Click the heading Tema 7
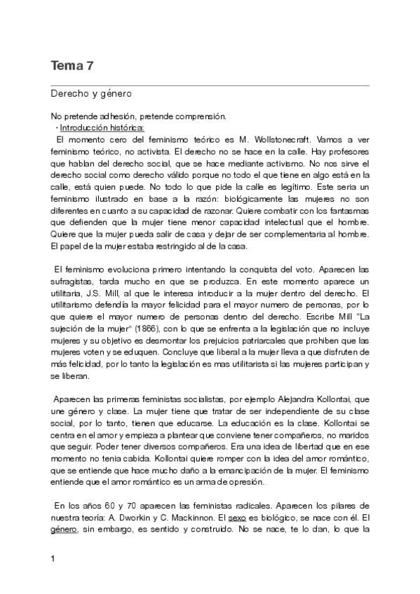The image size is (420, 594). tap(72, 67)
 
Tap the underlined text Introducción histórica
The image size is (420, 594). tap(102, 128)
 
